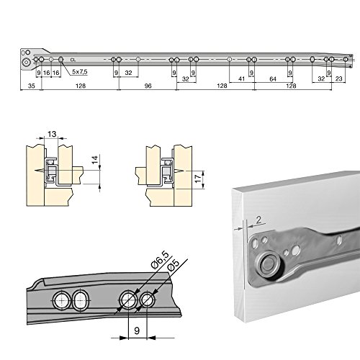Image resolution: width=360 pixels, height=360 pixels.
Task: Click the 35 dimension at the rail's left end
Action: [x=31, y=85]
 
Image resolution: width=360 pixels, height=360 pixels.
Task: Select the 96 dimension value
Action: [x=147, y=85]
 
